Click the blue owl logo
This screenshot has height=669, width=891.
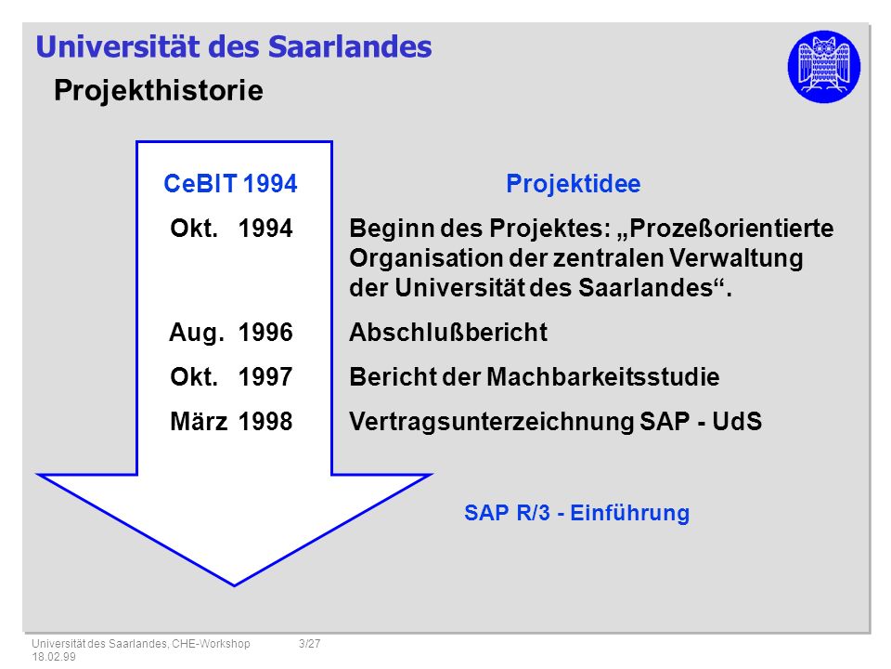point(823,67)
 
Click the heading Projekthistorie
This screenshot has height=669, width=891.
point(159,91)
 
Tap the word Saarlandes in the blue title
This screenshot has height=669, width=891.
point(350,46)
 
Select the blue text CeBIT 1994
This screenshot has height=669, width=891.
point(230,184)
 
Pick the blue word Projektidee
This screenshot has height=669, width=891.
point(574,184)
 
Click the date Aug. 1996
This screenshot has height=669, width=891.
point(231,333)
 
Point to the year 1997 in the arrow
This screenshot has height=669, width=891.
point(265,376)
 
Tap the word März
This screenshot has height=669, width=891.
point(199,421)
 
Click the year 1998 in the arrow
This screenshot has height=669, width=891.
point(265,422)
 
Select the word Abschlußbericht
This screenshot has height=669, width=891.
point(448,333)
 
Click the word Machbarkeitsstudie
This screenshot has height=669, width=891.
point(603,377)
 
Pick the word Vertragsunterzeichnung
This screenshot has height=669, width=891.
point(492,422)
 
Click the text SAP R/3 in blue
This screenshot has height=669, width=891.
point(507,513)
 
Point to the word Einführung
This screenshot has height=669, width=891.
point(629,513)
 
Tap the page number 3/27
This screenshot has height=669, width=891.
point(310,643)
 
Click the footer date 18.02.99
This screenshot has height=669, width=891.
point(54,657)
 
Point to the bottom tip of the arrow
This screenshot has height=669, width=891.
point(234,585)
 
